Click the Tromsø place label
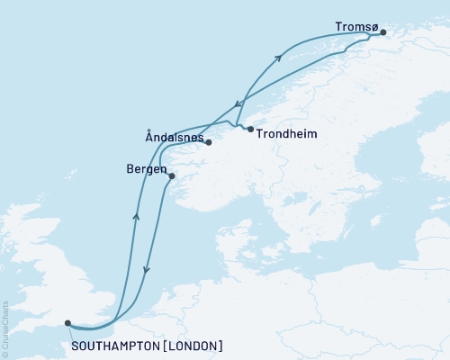click(355, 27)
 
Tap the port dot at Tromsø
click(382, 33)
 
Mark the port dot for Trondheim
click(250, 130)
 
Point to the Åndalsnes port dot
click(208, 142)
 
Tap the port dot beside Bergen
click(172, 176)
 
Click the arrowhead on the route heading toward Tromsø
click(278, 58)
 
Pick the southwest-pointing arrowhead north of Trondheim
click(237, 103)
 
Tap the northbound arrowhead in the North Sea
click(136, 216)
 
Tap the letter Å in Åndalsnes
click(149, 137)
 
